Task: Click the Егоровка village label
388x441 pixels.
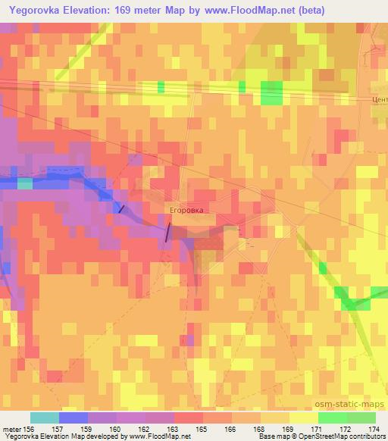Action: point(186,207)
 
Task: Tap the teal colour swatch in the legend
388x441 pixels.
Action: point(45,418)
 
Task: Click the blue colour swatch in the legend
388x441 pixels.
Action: point(73,418)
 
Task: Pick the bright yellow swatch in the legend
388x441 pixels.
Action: point(303,418)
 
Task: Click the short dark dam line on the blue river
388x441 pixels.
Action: point(120,208)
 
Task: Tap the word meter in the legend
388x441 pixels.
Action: point(11,428)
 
